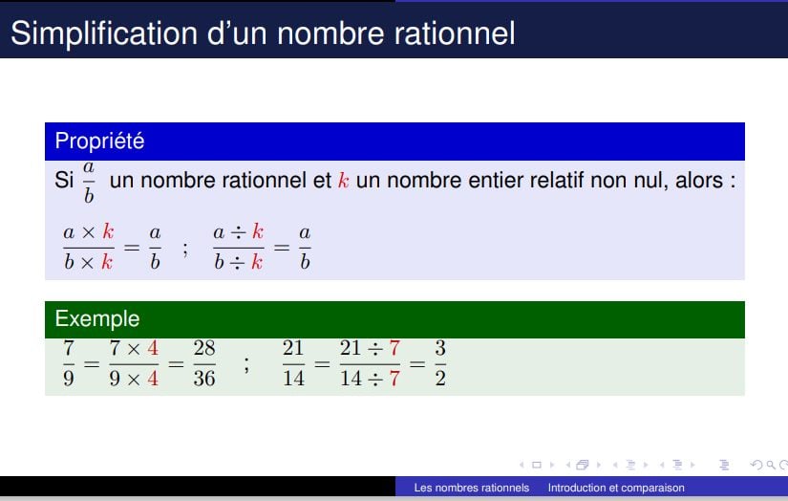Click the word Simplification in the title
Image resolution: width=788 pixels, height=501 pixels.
(x=104, y=33)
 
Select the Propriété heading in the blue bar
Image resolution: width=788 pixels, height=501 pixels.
(x=99, y=141)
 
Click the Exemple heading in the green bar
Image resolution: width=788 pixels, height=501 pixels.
(x=97, y=319)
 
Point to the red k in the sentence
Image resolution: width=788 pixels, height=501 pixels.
(x=343, y=180)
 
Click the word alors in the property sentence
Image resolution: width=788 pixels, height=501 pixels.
(x=699, y=180)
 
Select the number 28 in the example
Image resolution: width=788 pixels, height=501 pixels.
(x=204, y=348)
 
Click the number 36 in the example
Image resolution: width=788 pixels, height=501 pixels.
(x=204, y=379)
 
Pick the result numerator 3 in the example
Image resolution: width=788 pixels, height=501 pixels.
(x=440, y=348)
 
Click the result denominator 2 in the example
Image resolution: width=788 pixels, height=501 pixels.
(x=440, y=379)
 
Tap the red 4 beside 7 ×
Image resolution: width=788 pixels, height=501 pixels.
(x=153, y=348)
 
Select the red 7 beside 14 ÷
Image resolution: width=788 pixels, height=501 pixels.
(x=394, y=379)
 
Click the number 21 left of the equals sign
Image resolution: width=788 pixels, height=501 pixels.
(x=293, y=348)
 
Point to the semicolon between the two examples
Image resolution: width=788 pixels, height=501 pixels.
(x=246, y=364)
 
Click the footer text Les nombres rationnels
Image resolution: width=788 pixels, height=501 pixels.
(x=472, y=488)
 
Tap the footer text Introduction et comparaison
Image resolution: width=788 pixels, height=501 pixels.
(x=616, y=488)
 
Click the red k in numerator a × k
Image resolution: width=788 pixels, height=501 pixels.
(x=108, y=232)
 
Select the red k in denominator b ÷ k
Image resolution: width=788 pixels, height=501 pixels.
(x=257, y=262)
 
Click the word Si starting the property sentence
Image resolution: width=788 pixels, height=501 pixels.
(x=64, y=180)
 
